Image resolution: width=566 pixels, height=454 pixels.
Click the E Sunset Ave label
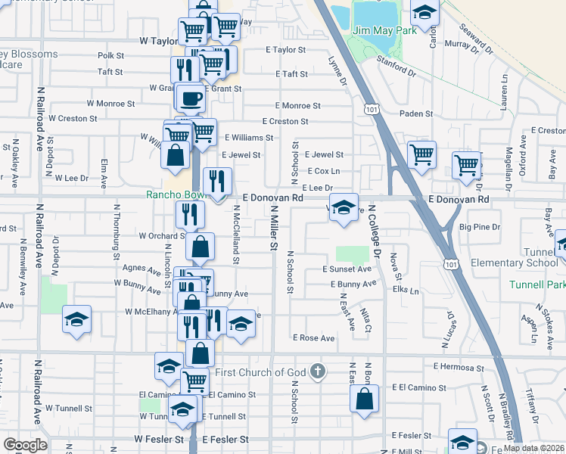pos(347,269)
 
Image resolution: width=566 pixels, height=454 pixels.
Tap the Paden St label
pos(416,114)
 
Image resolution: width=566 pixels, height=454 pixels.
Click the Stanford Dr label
pos(397,67)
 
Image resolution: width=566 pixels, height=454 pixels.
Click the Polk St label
pos(110,55)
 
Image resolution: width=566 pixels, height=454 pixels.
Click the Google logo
pos(25,445)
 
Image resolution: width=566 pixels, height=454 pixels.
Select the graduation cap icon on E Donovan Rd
pos(344,208)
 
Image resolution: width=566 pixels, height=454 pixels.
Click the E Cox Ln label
pos(324,172)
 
